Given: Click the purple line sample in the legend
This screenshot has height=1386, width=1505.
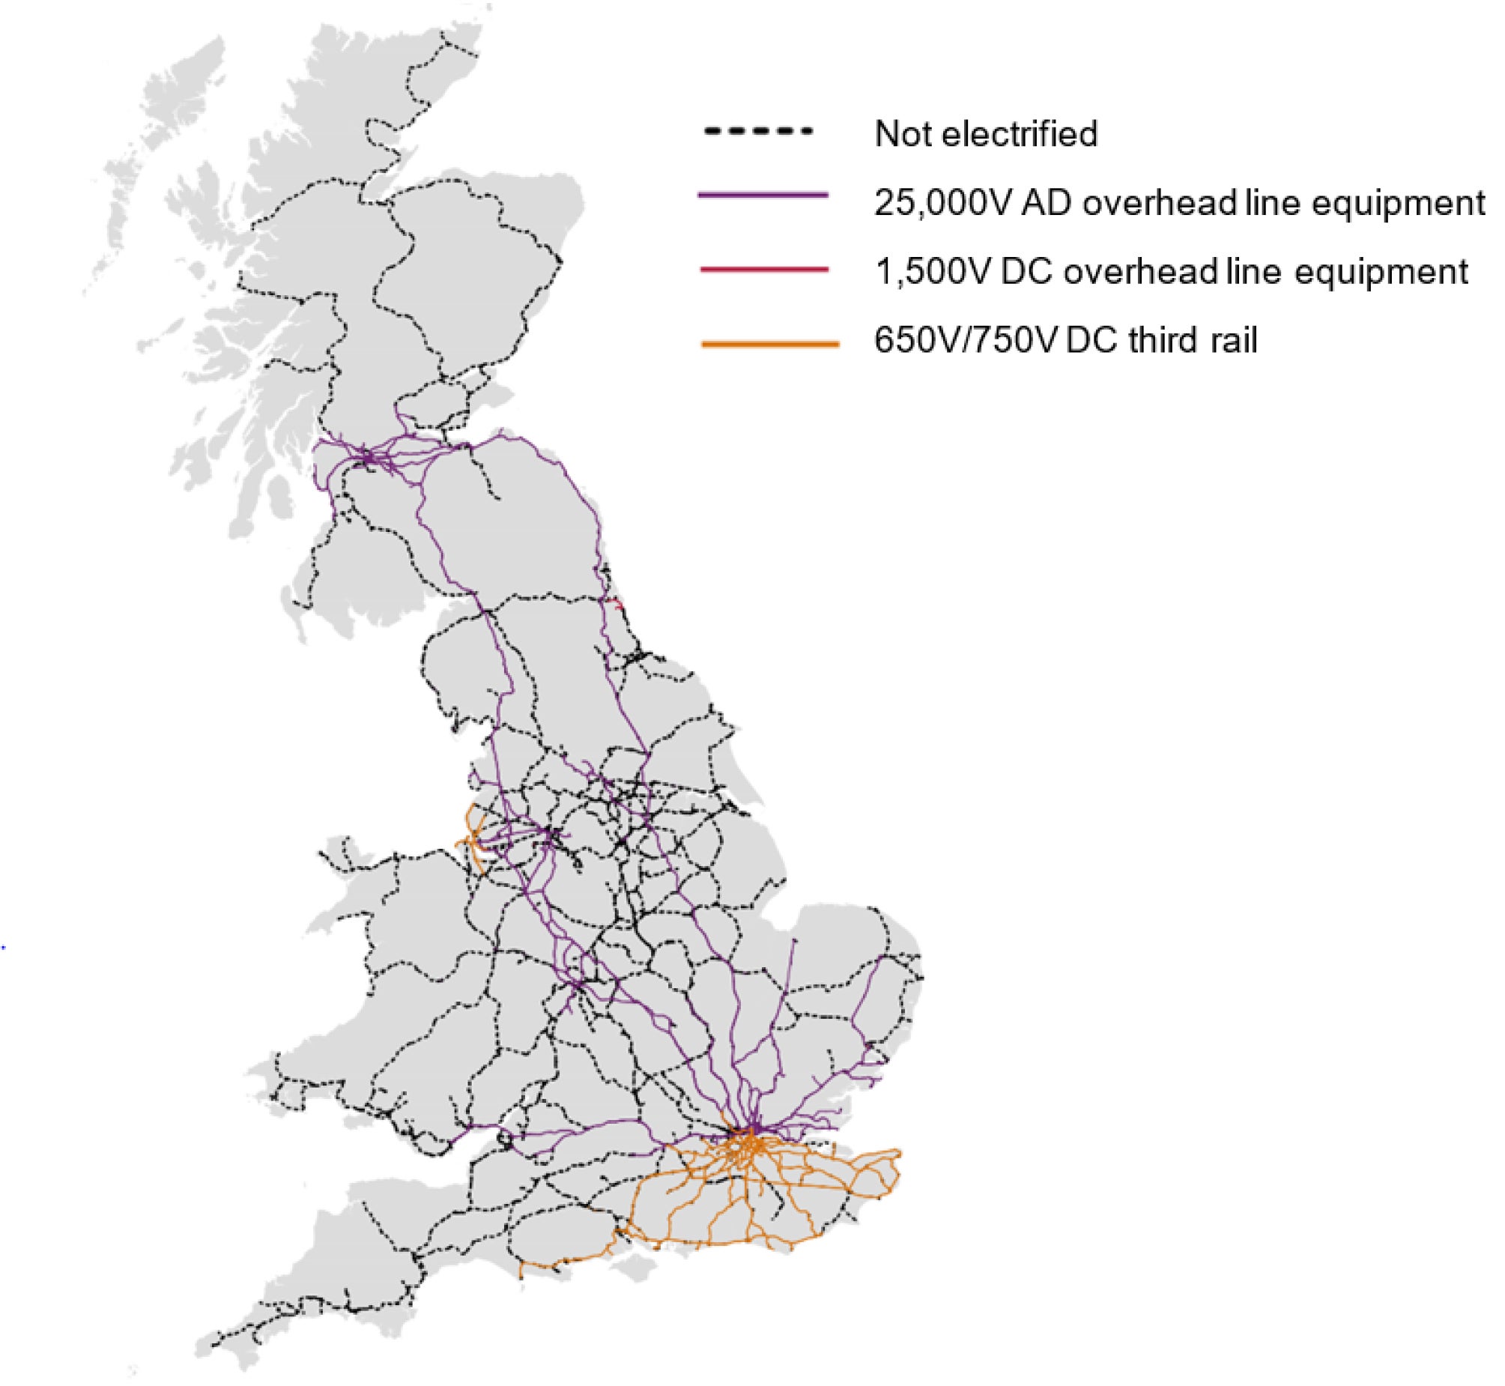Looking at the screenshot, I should [763, 196].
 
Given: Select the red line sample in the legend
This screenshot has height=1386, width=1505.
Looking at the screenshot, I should [763, 268].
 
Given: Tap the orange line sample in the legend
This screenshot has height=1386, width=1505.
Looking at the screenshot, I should [769, 344].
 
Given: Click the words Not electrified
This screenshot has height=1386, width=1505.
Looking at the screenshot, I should [985, 133].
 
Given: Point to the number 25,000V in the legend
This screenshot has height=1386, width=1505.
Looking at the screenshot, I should [943, 203].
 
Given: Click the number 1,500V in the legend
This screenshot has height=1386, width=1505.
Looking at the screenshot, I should [933, 271].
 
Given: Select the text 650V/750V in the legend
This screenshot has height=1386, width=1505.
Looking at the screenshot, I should [965, 340].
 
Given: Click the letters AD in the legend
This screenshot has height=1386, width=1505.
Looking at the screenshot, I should [1047, 203].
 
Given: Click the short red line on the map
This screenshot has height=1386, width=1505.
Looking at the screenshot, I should [616, 602].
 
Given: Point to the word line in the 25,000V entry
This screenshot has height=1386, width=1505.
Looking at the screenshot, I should [1271, 203].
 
